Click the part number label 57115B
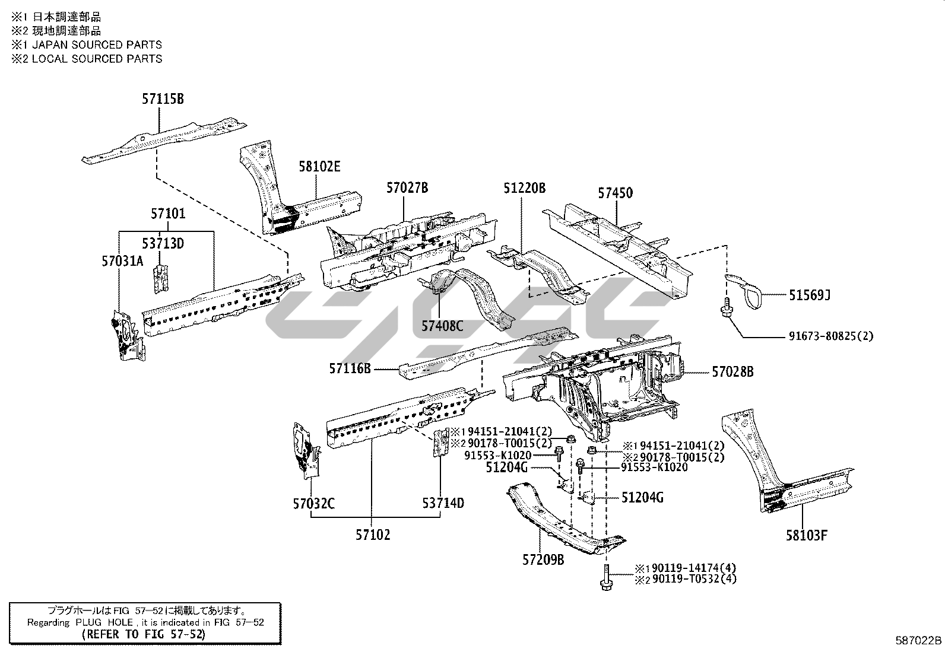(x=162, y=99)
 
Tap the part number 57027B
(x=407, y=188)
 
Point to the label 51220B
(x=524, y=188)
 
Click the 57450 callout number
(x=615, y=193)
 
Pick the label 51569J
(x=809, y=294)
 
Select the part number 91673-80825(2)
(x=830, y=336)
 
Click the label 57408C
(x=442, y=325)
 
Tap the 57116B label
(x=350, y=369)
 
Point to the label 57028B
(x=732, y=372)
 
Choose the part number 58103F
(x=806, y=535)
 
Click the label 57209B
(x=543, y=559)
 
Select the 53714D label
(x=443, y=503)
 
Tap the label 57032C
(x=313, y=504)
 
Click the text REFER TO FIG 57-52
(x=144, y=634)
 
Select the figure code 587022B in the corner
(x=918, y=640)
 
